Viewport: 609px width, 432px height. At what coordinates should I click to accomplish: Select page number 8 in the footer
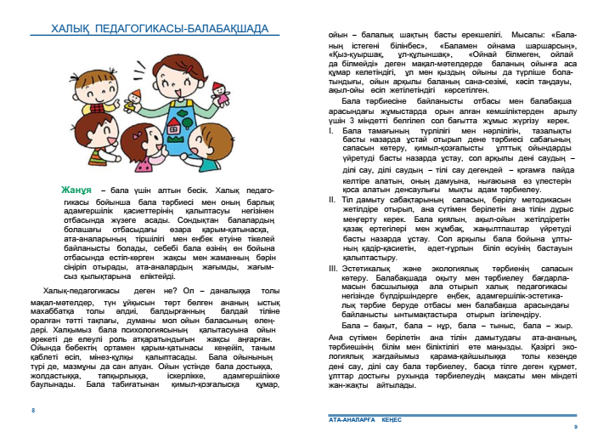pyautogui.click(x=32, y=410)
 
